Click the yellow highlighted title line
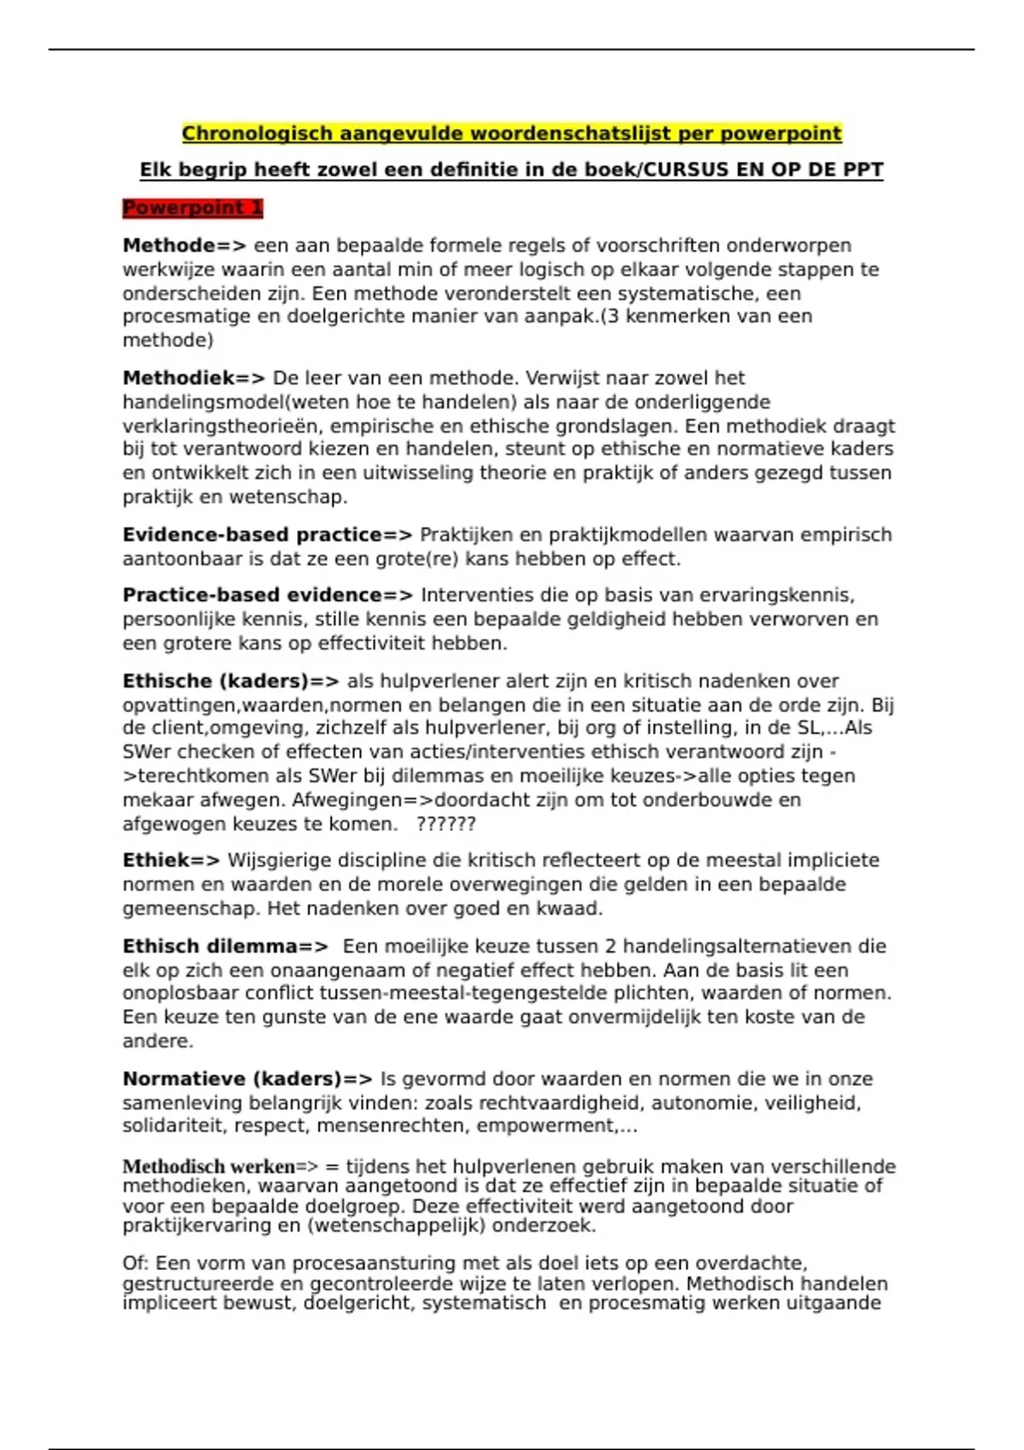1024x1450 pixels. click(x=511, y=134)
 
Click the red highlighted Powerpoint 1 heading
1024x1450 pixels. click(x=193, y=208)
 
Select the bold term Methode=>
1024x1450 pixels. click(x=184, y=246)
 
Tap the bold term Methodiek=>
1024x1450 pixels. click(x=194, y=378)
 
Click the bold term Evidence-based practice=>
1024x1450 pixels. click(x=267, y=535)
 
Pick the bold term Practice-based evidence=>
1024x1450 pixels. click(x=267, y=595)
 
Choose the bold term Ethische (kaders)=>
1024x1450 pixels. click(x=230, y=681)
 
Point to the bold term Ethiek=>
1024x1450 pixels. click(x=171, y=861)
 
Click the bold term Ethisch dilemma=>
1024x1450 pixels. click(x=225, y=947)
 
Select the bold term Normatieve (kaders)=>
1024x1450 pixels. click(x=247, y=1079)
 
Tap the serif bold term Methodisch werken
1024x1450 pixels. click(x=209, y=1166)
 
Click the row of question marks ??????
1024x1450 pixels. click(x=445, y=824)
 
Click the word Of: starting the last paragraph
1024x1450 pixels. click(x=136, y=1263)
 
